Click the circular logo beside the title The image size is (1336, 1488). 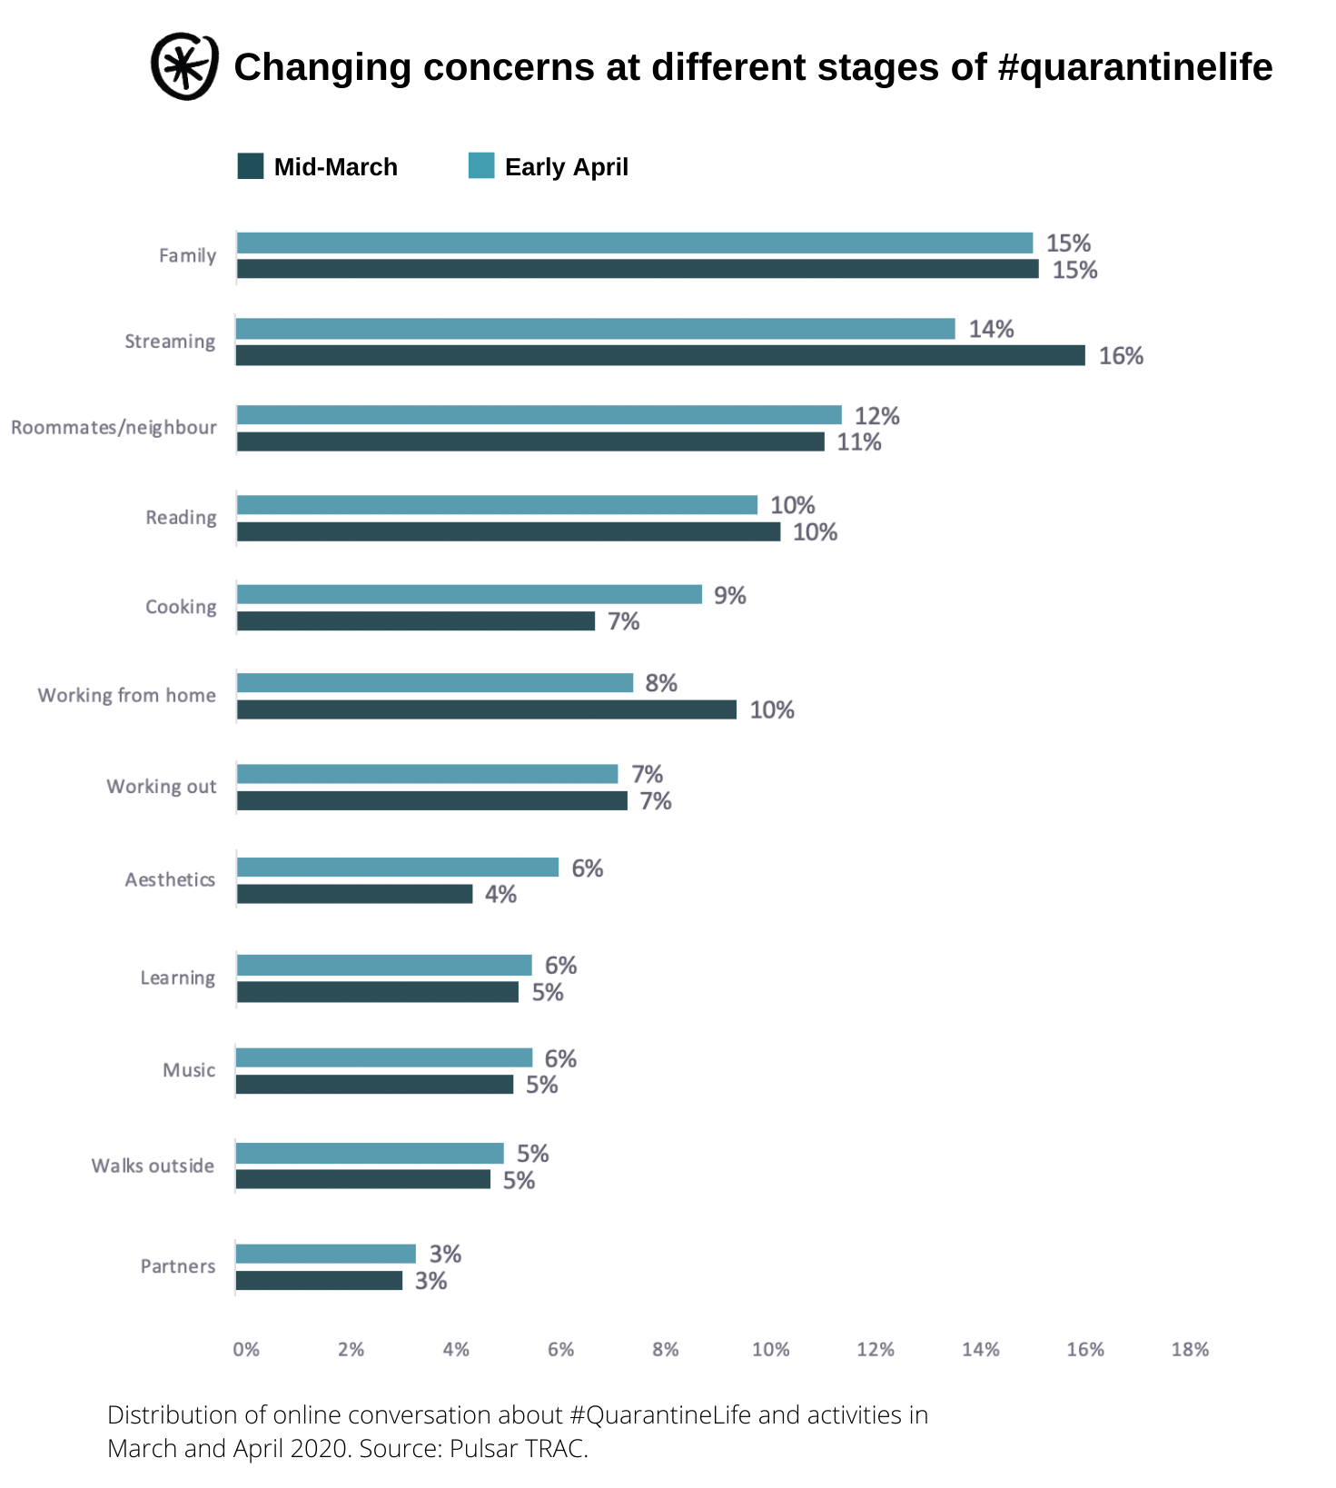pos(184,66)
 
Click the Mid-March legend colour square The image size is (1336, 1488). pos(250,166)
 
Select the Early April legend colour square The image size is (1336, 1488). pos(481,166)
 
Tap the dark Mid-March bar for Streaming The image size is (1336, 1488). pos(660,355)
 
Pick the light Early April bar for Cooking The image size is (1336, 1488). pos(470,594)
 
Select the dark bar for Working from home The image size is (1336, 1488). pos(487,709)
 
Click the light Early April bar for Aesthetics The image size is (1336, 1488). pos(398,868)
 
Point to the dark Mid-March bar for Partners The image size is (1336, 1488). pos(319,1281)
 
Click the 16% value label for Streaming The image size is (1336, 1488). pos(1121,356)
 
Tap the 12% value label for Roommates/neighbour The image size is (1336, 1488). pos(876,416)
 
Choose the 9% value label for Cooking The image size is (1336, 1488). pos(729,595)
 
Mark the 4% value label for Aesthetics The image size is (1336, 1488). pos(500,895)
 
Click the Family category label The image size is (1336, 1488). pos(187,255)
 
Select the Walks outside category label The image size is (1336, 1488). pos(153,1166)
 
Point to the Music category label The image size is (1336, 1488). pos(189,1070)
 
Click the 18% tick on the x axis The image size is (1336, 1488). pos(1190,1350)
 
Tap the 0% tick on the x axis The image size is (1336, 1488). pos(246,1350)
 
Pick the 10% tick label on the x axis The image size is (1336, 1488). pos(770,1350)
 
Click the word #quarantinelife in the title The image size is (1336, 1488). pos(1134,67)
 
